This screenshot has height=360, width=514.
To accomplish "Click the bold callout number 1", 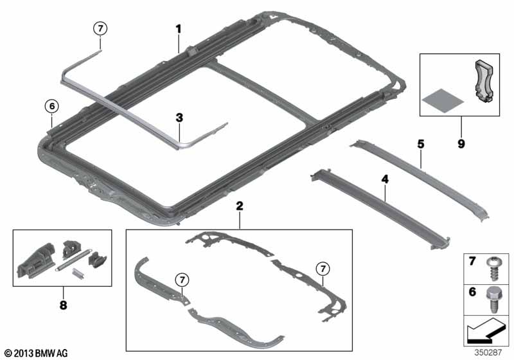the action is point(179,29).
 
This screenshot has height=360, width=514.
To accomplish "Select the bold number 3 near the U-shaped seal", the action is point(179,118).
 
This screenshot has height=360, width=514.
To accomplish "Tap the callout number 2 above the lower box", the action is point(240,206).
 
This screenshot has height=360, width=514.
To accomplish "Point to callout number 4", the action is point(385,179).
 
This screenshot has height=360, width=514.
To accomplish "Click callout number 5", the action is point(421,144).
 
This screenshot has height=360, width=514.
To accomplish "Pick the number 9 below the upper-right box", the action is point(461,144).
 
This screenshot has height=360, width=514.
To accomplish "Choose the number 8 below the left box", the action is point(63,305).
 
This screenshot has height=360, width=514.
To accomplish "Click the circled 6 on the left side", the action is point(52,106).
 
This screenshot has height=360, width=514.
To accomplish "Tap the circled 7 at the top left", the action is point(100,28).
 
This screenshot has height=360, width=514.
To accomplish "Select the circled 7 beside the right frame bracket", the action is point(323,269).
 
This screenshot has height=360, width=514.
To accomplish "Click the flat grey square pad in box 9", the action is point(443,100).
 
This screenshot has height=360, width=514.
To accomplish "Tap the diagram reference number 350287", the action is point(488,352).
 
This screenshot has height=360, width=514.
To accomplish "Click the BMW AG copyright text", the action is point(37,353).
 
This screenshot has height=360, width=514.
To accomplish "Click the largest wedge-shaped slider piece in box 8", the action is point(35,262).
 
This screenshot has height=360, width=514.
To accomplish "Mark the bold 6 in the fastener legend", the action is point(472,291).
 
